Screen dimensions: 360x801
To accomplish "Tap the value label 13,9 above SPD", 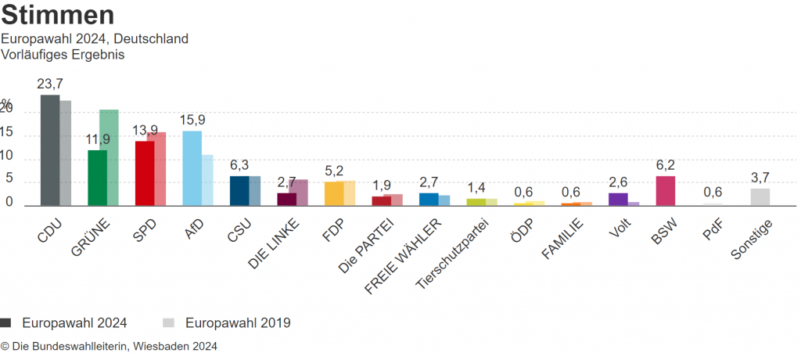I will click(145, 130).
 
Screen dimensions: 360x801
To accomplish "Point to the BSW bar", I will click(665, 191).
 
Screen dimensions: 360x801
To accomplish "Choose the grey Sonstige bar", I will click(760, 197).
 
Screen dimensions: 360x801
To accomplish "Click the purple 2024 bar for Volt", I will click(618, 200).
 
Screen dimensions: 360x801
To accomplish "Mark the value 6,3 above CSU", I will click(239, 165).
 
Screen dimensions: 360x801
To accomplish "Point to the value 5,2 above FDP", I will click(334, 171).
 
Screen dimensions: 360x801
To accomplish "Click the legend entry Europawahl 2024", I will click(74, 322).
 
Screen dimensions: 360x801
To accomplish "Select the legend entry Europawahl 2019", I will click(238, 322).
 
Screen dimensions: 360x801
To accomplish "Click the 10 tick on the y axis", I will click(9, 156).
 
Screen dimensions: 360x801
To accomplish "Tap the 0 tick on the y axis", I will click(9, 202).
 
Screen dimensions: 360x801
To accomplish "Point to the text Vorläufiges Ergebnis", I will click(63, 55).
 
